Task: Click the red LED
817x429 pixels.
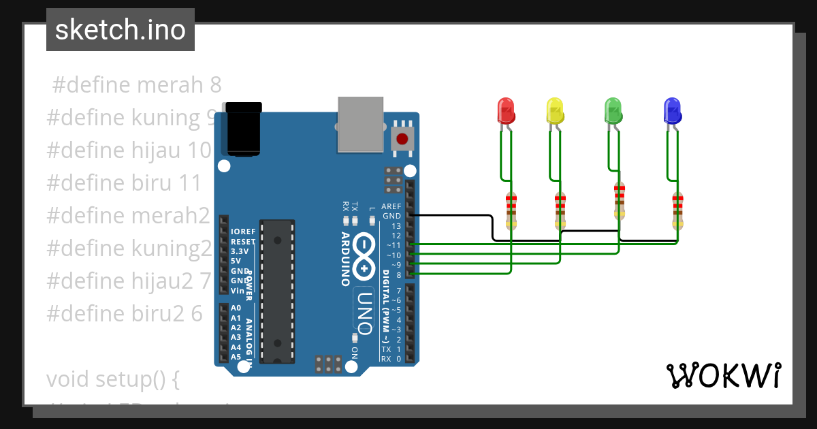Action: [x=505, y=110]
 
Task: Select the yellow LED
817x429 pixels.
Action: [x=555, y=110]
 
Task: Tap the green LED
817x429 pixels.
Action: [x=613, y=110]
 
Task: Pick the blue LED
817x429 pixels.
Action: [x=672, y=110]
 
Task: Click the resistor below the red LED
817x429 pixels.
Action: [x=511, y=210]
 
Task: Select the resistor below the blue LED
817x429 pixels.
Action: [x=677, y=210]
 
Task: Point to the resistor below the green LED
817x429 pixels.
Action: [x=619, y=201]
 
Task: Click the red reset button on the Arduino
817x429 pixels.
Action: [x=402, y=139]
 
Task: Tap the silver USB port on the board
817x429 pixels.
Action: [x=360, y=123]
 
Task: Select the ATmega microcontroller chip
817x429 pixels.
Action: [x=277, y=291]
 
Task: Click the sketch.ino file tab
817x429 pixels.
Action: [x=121, y=30]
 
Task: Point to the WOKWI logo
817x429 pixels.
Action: [x=723, y=375]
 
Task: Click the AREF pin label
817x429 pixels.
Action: [x=391, y=206]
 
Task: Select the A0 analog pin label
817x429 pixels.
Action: [x=236, y=308]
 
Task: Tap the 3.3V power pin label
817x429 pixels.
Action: [x=240, y=251]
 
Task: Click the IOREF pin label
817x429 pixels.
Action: [x=243, y=232]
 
